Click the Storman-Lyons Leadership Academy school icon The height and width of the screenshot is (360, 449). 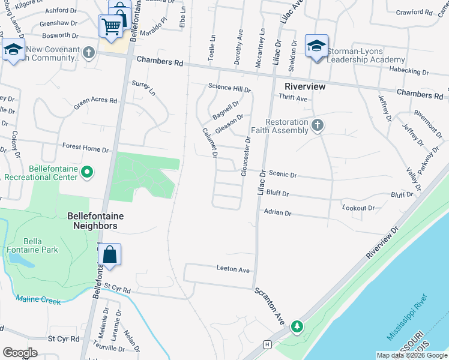click(316, 46)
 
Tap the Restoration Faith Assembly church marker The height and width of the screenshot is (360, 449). click(318, 125)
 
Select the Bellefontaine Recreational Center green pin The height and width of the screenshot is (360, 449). click(87, 173)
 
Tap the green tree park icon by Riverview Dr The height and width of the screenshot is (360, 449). click(297, 327)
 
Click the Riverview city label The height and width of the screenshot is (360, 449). click(305, 87)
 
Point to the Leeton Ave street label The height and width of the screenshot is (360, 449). click(234, 270)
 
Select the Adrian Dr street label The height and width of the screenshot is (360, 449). click(277, 212)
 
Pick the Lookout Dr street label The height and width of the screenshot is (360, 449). click(358, 208)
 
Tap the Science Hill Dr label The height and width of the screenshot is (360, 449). click(229, 87)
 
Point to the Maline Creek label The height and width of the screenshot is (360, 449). click(38, 300)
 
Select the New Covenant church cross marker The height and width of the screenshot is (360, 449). click(89, 52)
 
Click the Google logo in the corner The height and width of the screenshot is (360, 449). click(20, 353)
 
